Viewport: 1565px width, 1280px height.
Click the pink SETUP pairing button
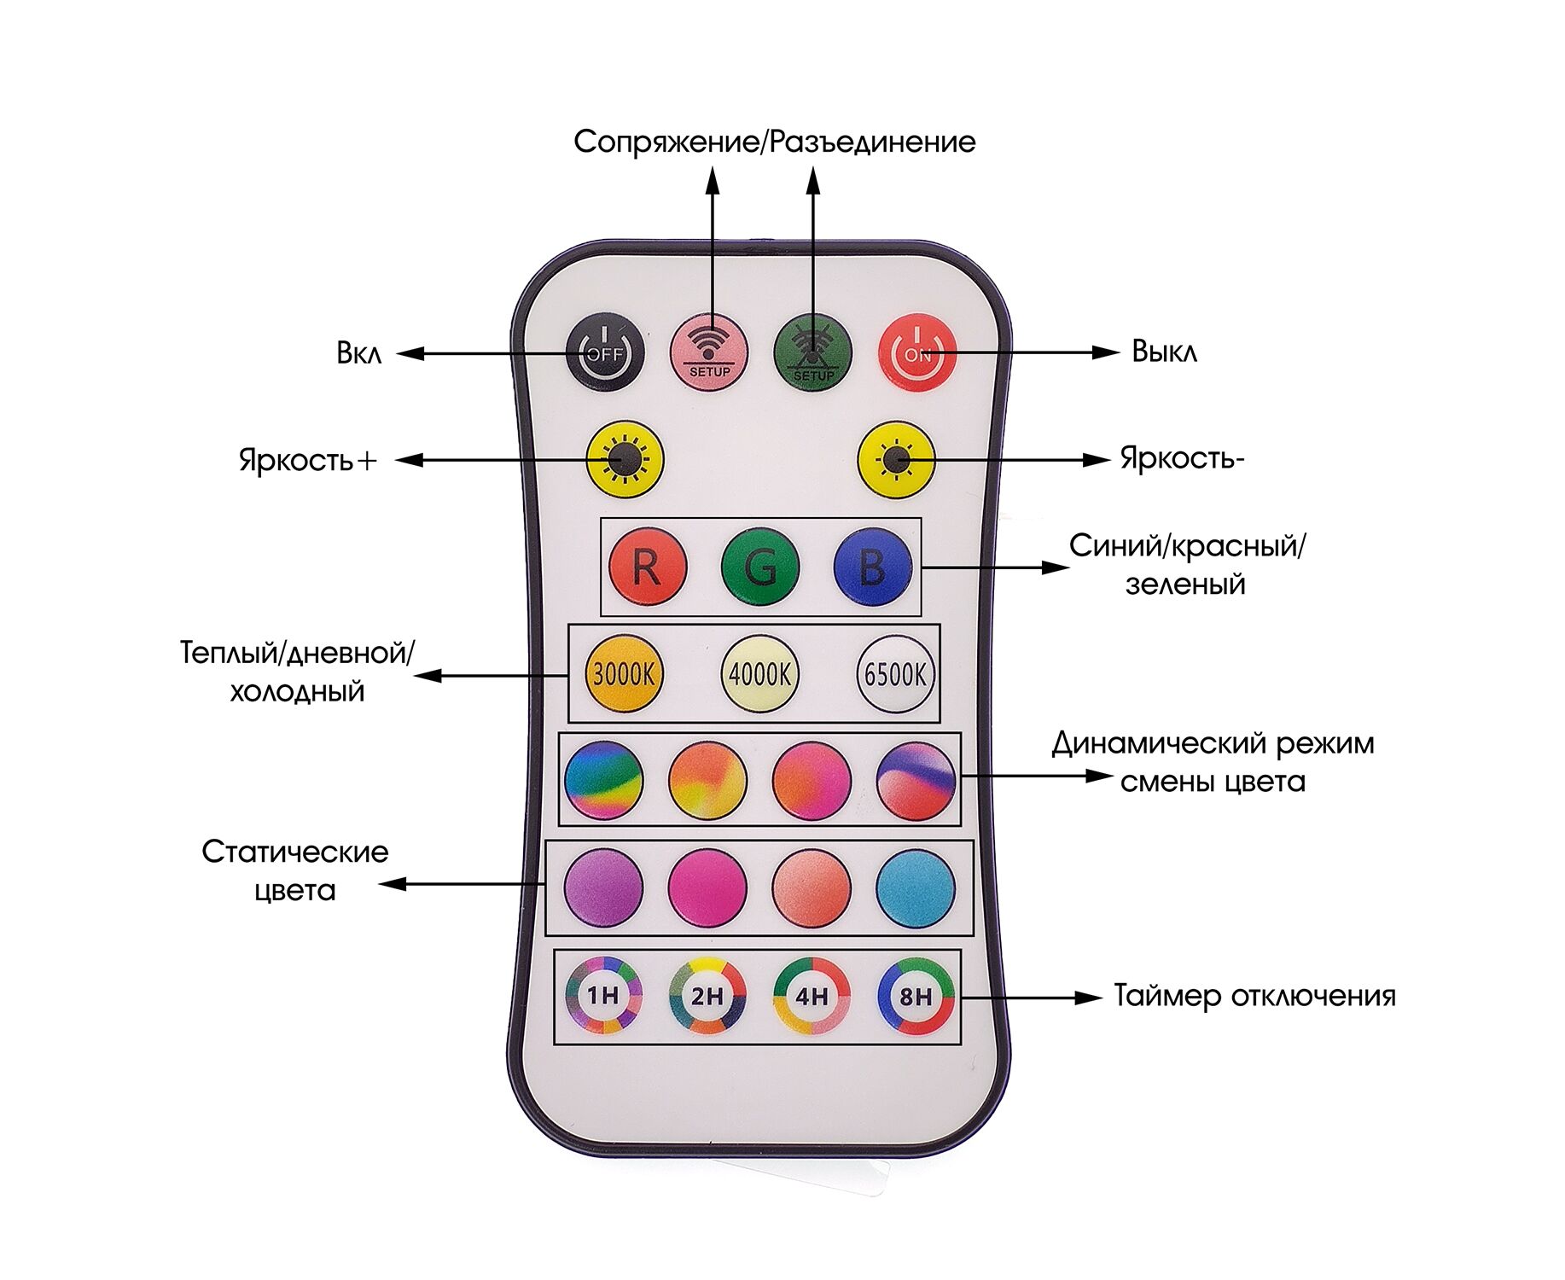(x=709, y=352)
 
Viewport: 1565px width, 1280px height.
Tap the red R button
(x=647, y=567)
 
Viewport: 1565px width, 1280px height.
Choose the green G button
(x=759, y=567)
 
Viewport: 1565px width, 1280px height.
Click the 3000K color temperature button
(x=623, y=674)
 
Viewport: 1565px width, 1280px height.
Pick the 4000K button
(x=759, y=674)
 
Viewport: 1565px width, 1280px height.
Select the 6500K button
(x=895, y=674)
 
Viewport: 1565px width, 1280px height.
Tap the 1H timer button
(x=603, y=995)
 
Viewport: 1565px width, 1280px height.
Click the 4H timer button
(x=812, y=995)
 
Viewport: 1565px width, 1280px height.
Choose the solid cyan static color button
(x=915, y=887)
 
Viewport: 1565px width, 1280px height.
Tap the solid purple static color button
(x=603, y=887)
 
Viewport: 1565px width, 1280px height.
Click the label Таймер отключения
(x=1254, y=996)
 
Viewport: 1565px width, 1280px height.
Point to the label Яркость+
(x=307, y=460)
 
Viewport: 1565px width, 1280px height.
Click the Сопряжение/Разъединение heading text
(x=774, y=142)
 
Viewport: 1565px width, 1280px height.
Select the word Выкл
(x=1164, y=352)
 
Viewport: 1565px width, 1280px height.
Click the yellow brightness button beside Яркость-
(x=895, y=461)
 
